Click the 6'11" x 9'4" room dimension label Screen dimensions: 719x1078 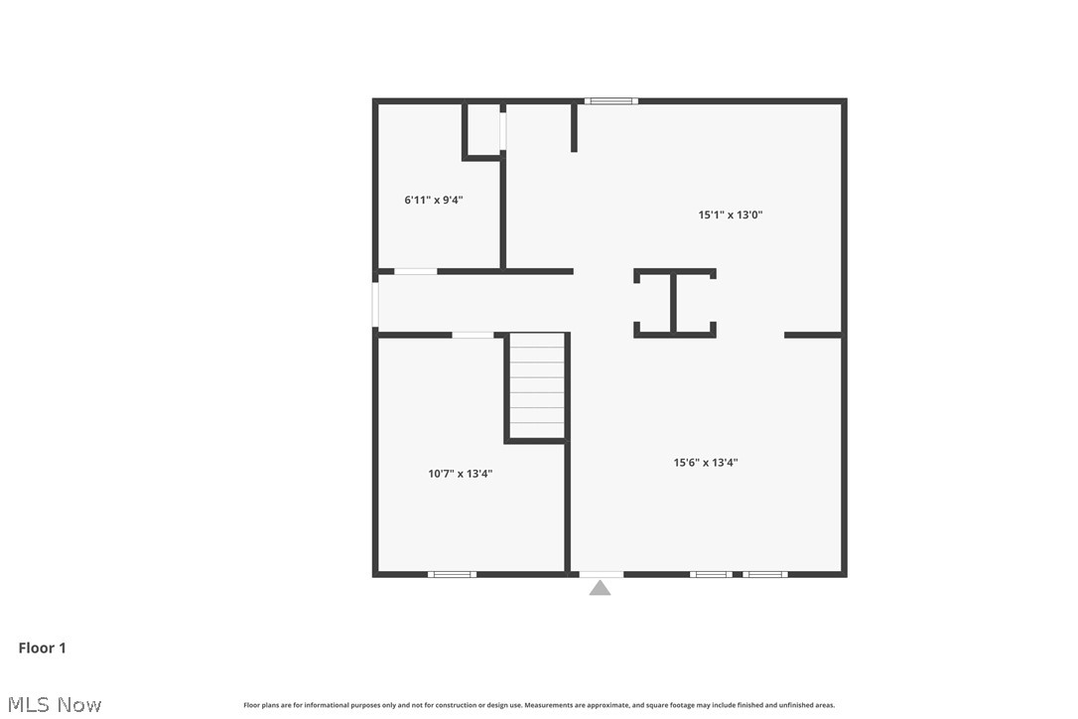[433, 200]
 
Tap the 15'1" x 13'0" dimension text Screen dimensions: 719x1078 [730, 215]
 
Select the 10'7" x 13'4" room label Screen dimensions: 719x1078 [460, 474]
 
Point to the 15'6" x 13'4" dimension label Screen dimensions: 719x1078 [705, 462]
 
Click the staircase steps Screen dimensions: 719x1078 [537, 385]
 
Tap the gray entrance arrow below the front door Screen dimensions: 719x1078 [600, 588]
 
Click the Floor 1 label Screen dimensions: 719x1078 [42, 647]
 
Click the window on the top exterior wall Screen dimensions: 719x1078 [609, 100]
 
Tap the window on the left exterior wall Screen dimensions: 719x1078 [375, 304]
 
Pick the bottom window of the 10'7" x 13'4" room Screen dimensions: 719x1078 [452, 574]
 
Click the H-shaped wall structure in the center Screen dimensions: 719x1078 [674, 303]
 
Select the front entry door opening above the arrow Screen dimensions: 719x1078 [601, 574]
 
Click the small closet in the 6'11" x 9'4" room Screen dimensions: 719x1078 [483, 129]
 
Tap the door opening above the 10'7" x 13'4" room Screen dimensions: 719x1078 [472, 335]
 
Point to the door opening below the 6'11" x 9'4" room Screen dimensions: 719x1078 [415, 271]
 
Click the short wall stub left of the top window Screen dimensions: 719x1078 [574, 127]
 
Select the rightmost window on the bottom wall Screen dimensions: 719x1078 [765, 574]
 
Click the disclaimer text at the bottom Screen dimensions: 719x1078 [539, 705]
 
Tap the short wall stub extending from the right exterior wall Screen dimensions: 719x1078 [812, 335]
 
